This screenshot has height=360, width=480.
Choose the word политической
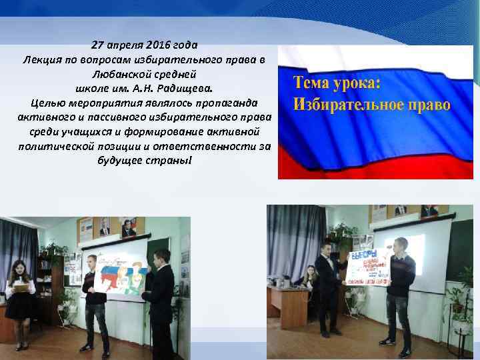[58, 147]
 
